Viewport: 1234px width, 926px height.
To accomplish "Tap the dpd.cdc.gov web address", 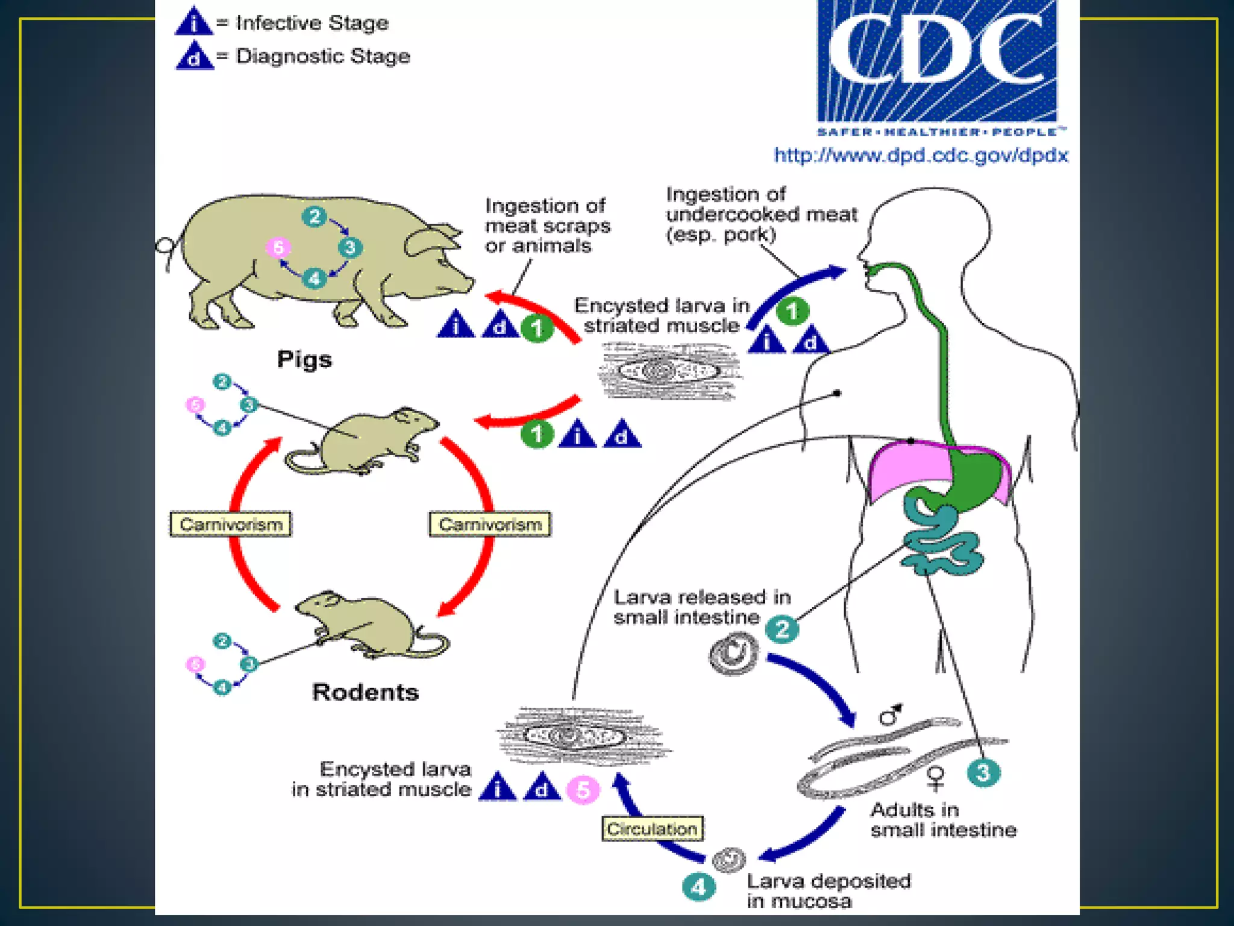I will [x=920, y=156].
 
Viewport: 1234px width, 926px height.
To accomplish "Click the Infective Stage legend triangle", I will [x=193, y=22].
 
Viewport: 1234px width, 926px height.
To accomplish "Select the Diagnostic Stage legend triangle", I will [x=194, y=56].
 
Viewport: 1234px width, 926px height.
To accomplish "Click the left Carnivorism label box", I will [x=231, y=524].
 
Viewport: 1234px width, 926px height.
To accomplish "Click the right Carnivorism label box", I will [x=489, y=524].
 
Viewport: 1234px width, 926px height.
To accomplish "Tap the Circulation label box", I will [x=652, y=829].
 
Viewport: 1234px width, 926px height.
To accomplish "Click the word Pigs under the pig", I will [x=304, y=360].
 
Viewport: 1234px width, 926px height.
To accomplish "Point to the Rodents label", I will [x=365, y=692].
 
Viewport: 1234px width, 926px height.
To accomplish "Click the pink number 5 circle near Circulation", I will [x=583, y=790].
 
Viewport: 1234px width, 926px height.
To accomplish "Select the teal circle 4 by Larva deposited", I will [x=699, y=887].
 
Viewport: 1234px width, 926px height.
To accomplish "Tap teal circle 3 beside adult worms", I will [x=983, y=773].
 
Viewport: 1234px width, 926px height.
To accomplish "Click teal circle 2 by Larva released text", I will [x=782, y=629].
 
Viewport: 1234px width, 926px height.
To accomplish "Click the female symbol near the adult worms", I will [x=935, y=778].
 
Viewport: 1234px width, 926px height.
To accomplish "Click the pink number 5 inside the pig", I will [x=278, y=247].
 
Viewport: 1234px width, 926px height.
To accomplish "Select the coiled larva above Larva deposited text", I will [x=729, y=860].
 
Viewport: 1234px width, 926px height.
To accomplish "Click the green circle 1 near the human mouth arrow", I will [x=792, y=311].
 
